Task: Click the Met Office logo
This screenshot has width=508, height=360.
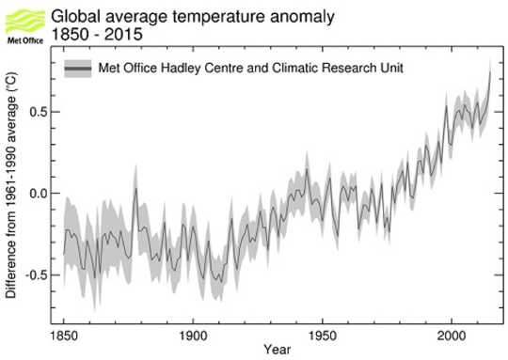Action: (x=22, y=20)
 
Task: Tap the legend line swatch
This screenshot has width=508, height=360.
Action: (x=77, y=69)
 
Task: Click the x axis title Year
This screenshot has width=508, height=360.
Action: (x=277, y=352)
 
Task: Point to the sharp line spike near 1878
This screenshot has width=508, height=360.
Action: (x=135, y=189)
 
